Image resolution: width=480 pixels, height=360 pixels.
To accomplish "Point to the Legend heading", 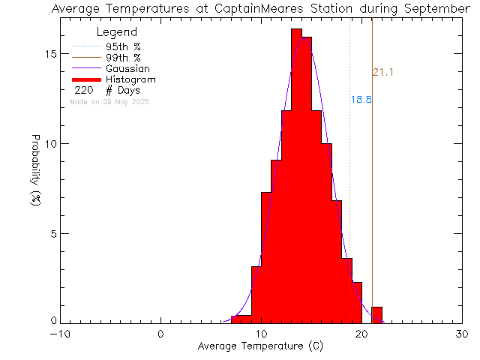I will coord(118,32).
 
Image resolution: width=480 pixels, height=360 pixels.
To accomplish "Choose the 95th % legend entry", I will coord(123,46).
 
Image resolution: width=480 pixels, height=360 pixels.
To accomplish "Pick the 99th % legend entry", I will coord(123,58).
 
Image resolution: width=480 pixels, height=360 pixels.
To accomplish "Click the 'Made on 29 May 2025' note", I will coord(109,101).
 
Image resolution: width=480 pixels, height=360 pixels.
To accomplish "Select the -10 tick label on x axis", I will coord(61,334).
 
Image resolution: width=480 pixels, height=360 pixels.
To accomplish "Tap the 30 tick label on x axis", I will coord(463,334).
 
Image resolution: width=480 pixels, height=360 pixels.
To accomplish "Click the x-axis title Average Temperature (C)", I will coord(262,346).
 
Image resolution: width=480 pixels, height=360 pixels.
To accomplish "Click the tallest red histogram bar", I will coord(296,176).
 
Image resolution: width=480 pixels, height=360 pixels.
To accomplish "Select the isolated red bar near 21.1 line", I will coord(377,315).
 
